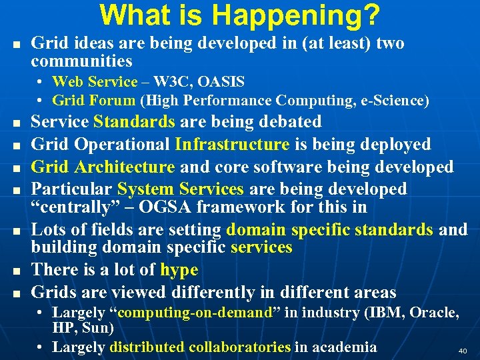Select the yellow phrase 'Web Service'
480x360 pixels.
[94, 82]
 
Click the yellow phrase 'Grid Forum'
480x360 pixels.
[94, 101]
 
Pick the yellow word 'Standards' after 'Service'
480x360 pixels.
[134, 122]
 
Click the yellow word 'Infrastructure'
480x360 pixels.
[232, 144]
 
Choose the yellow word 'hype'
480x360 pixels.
[179, 270]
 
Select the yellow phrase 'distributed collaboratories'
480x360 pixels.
[200, 347]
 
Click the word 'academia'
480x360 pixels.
[344, 347]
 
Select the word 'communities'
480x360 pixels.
[81, 61]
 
